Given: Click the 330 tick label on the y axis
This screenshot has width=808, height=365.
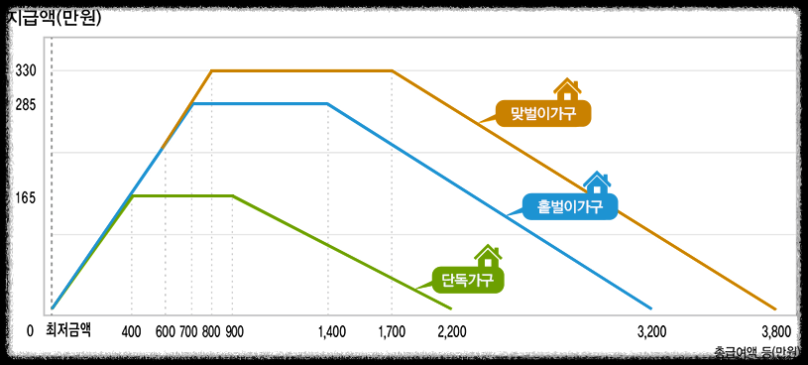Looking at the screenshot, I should click(26, 70).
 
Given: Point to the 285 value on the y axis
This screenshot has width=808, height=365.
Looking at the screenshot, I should click(26, 103).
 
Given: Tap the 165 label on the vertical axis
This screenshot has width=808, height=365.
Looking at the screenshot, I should click(26, 197).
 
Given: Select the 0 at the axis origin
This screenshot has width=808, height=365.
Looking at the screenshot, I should click(31, 331).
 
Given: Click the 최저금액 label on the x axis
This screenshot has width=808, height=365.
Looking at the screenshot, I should click(68, 330).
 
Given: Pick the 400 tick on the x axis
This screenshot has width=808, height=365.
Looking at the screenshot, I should click(132, 331).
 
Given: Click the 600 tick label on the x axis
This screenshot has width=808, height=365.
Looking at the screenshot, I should click(166, 331).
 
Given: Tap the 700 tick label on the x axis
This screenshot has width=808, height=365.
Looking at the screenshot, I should click(189, 331).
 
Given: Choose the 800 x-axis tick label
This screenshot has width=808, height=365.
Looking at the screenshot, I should click(211, 331).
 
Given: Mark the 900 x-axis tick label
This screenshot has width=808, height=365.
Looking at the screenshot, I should click(234, 331).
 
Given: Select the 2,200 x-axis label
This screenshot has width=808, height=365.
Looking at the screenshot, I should click(452, 331).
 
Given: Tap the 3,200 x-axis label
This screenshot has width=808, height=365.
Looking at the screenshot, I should click(650, 331).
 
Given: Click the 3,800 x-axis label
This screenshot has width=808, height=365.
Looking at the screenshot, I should click(775, 331).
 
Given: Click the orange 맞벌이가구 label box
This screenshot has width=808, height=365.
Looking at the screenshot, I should click(543, 113).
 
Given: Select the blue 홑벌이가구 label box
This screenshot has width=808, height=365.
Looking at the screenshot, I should click(569, 206).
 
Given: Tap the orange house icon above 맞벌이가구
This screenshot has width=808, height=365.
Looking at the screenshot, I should click(567, 89).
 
